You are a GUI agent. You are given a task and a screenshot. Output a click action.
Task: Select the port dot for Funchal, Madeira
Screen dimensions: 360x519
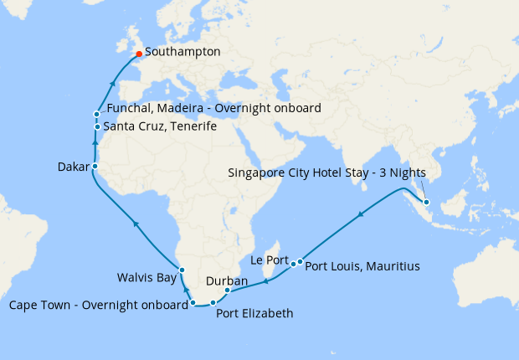[x=98, y=114]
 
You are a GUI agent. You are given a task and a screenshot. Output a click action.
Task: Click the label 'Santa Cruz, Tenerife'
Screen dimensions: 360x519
[x=160, y=126]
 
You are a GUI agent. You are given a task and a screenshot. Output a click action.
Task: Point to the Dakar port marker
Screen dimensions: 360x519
[x=95, y=166]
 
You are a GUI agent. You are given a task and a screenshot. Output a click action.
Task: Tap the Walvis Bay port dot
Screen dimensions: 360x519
[x=181, y=270]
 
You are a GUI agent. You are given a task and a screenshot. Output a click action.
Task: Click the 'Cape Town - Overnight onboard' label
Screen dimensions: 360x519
[x=99, y=305]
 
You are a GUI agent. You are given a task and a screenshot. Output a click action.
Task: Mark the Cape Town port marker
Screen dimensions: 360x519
[x=193, y=302]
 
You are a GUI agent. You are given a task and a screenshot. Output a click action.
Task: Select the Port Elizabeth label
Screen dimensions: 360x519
[x=255, y=315]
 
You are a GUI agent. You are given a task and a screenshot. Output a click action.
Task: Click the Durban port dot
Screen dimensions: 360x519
[x=228, y=291]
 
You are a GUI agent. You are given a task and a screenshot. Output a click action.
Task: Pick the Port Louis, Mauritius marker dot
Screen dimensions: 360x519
[x=300, y=262]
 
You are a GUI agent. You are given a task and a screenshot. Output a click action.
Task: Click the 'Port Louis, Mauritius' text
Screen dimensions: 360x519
[x=362, y=267]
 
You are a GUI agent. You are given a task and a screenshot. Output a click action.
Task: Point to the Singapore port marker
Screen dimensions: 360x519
[x=426, y=203]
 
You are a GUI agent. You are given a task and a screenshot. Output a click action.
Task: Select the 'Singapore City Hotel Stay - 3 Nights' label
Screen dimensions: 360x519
[x=327, y=173]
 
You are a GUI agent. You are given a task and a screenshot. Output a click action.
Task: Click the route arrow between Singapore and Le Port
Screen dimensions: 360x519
[x=362, y=216]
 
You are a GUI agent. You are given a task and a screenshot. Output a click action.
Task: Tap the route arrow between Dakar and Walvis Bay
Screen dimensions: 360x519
[x=136, y=223]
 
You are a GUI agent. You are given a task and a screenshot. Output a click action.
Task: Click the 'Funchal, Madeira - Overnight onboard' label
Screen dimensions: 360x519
[x=214, y=109]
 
